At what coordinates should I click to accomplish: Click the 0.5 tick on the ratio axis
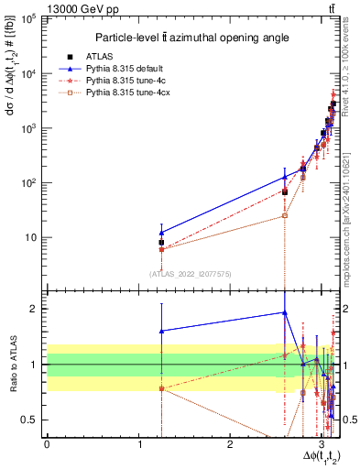[x=34, y=420]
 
